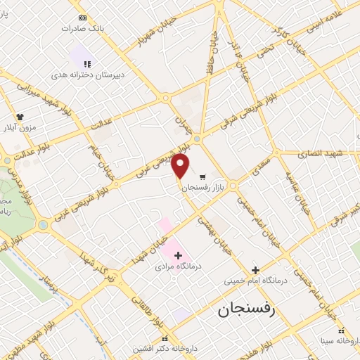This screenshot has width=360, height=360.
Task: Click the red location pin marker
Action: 181,166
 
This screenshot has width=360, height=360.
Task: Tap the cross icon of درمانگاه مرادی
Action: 177,255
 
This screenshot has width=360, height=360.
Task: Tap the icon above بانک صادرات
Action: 83,18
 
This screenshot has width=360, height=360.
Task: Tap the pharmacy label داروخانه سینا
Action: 340,341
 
